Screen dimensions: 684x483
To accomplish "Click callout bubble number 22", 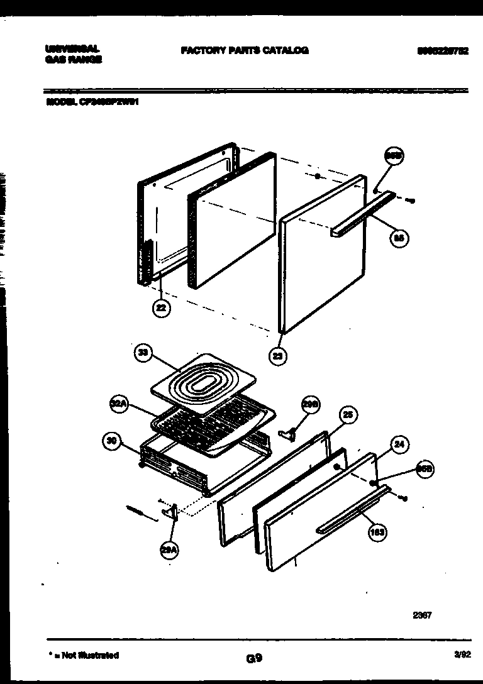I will coord(162,308).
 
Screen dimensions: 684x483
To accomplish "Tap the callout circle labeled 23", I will coord(277,356).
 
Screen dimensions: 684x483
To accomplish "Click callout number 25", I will coord(347,415).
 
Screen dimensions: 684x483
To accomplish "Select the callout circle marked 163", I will coord(377,532).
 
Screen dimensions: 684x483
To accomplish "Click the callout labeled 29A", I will coord(169,550).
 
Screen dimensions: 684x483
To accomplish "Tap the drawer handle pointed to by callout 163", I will coord(352,510).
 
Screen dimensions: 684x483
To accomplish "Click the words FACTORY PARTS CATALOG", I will coord(244,50).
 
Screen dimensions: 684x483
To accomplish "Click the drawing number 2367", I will coord(421,615).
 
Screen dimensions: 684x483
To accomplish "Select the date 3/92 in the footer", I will coord(462,654).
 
